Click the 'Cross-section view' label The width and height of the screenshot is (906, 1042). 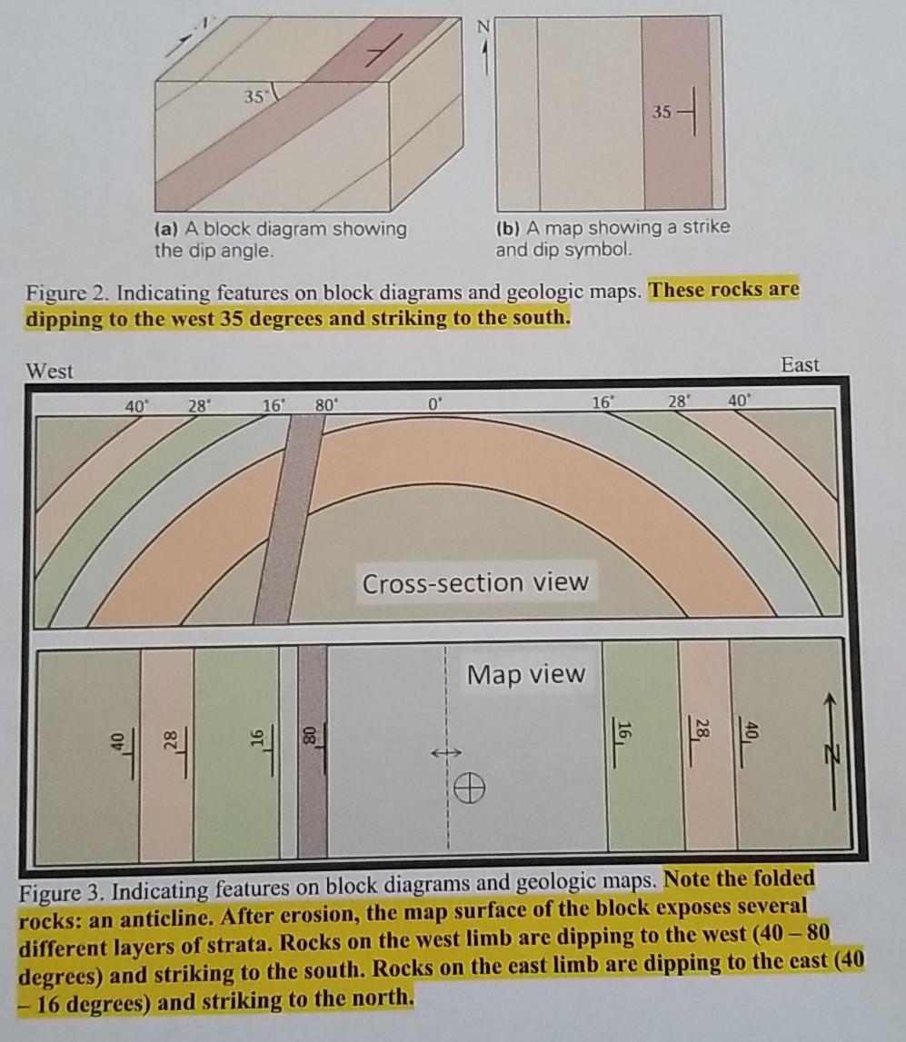tap(475, 582)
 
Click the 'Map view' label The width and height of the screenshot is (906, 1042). tap(526, 675)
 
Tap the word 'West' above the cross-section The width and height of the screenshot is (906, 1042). tap(50, 371)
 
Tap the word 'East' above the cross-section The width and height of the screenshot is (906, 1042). tap(800, 365)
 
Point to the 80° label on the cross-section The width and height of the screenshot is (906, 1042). tap(325, 406)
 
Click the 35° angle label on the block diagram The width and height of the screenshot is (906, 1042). tap(255, 94)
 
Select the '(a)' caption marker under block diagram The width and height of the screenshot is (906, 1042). tap(165, 229)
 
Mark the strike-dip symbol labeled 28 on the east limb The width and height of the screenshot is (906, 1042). tap(700, 732)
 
